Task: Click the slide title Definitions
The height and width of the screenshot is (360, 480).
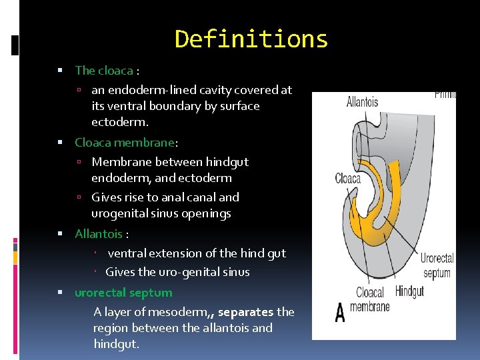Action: pyautogui.click(x=251, y=39)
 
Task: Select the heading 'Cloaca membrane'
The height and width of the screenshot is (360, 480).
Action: pyautogui.click(x=124, y=142)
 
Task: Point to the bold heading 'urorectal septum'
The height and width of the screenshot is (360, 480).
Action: pyautogui.click(x=123, y=293)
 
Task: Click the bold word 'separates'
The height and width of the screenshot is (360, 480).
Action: pyautogui.click(x=245, y=311)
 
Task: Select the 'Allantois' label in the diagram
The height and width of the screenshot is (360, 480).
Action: pyautogui.click(x=362, y=102)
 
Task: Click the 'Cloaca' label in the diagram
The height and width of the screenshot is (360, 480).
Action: pyautogui.click(x=348, y=178)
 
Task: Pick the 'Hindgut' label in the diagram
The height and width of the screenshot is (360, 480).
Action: pyautogui.click(x=409, y=291)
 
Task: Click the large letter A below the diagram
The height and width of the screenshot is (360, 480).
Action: pyautogui.click(x=340, y=313)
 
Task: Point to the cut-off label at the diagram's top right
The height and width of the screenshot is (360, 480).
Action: pyautogui.click(x=445, y=95)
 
